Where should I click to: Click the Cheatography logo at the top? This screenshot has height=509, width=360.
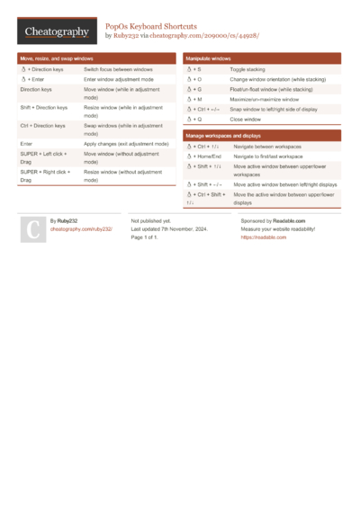(57, 32)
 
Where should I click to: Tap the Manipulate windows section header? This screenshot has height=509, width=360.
(209, 58)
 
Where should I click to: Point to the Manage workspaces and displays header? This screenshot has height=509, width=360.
(223, 135)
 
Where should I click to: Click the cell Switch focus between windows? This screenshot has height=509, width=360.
(118, 68)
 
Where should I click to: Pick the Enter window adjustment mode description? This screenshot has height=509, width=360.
(118, 79)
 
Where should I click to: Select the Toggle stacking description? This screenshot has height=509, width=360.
(247, 68)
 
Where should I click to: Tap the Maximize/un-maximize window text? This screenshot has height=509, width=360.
(265, 99)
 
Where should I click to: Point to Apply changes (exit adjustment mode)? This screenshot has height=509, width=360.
(126, 143)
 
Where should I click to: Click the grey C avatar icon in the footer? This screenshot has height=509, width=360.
(31, 229)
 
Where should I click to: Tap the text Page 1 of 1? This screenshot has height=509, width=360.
(144, 237)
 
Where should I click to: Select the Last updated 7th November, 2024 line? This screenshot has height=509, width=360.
(169, 228)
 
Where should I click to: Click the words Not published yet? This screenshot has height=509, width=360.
(150, 220)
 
